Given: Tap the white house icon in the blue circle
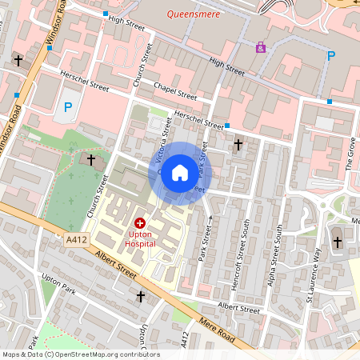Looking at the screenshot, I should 180,172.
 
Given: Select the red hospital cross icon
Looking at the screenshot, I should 140,223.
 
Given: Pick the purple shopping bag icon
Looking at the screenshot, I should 261,47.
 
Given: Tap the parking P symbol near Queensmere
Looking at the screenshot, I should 331,55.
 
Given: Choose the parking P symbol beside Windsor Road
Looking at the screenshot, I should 68,106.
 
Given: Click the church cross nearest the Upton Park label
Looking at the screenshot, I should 141,297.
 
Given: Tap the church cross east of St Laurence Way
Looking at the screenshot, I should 337,242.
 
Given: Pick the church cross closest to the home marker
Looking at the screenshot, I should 238,145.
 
